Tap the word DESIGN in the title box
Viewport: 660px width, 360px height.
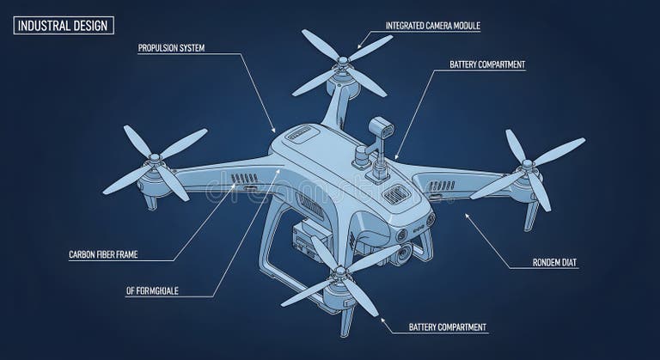coord(90,25)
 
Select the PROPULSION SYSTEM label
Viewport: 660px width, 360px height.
coord(171,48)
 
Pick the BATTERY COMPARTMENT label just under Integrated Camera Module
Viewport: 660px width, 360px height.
coord(487,64)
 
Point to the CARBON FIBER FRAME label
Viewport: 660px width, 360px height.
coord(103,254)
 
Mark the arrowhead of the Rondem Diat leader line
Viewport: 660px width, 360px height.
coord(465,216)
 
